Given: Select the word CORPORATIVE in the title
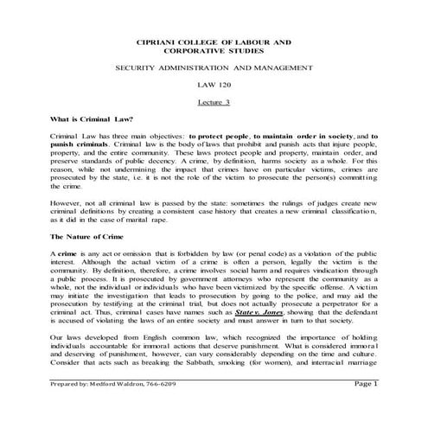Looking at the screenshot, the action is point(201,51).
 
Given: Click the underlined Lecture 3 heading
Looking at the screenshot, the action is point(214,101).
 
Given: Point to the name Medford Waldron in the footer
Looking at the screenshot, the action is point(109,407).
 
